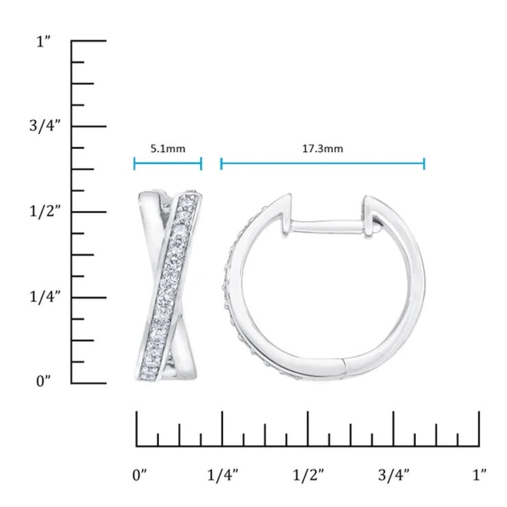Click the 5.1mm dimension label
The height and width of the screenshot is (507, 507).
[168, 147]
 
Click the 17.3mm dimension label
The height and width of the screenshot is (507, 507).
[323, 147]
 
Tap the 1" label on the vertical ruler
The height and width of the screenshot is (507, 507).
[44, 42]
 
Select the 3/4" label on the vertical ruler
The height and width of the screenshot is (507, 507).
[43, 127]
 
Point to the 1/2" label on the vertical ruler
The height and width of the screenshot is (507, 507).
[43, 212]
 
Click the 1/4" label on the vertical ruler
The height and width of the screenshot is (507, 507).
[43, 297]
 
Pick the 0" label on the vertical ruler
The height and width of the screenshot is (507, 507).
[44, 382]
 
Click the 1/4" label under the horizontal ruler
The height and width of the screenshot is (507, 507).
[222, 473]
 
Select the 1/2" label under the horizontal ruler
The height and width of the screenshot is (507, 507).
[308, 473]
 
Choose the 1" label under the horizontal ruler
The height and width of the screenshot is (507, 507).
[480, 473]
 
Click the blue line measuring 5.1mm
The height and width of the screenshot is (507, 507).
[168, 163]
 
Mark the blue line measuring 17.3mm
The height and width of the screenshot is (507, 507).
[323, 163]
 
